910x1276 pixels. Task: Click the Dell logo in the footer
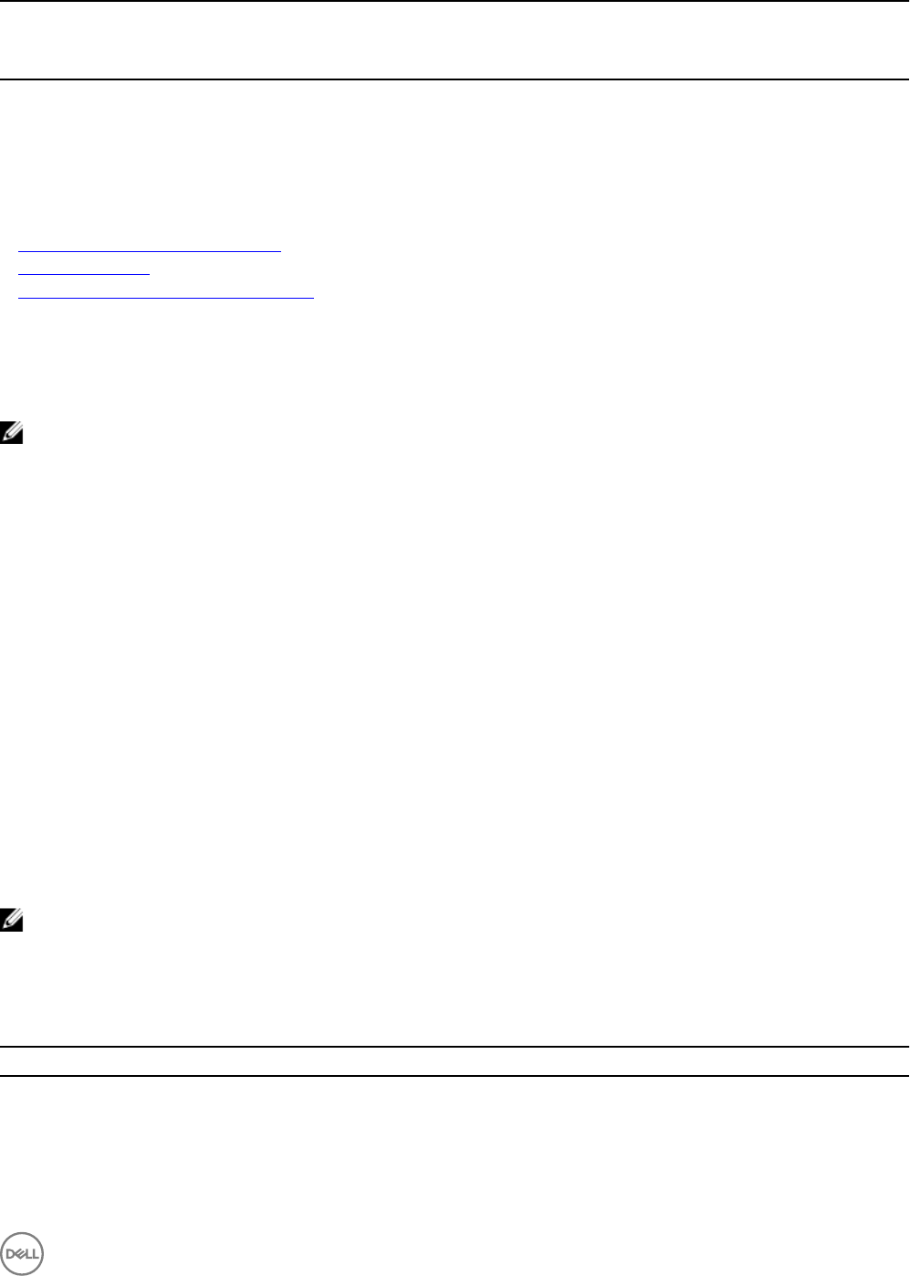pyautogui.click(x=22, y=1253)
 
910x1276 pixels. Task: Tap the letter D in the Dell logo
pyautogui.click(x=11, y=1253)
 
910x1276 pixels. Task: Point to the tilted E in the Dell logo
pyautogui.click(x=19, y=1253)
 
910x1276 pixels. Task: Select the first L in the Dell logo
pyautogui.click(x=26, y=1253)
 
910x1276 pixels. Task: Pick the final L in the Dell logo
pyautogui.click(x=34, y=1253)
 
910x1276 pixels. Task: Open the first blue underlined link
pyautogui.click(x=150, y=247)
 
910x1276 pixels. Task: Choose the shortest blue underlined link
pyautogui.click(x=83, y=271)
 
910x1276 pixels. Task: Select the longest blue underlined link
pyautogui.click(x=165, y=295)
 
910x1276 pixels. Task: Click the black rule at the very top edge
pyautogui.click(x=455, y=1)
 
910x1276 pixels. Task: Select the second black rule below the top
pyautogui.click(x=455, y=79)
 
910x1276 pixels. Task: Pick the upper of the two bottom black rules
pyautogui.click(x=455, y=1047)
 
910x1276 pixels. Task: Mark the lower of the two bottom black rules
pyautogui.click(x=455, y=1076)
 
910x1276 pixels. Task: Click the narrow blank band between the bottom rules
pyautogui.click(x=455, y=1061)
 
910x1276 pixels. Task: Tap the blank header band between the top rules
pyautogui.click(x=455, y=40)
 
